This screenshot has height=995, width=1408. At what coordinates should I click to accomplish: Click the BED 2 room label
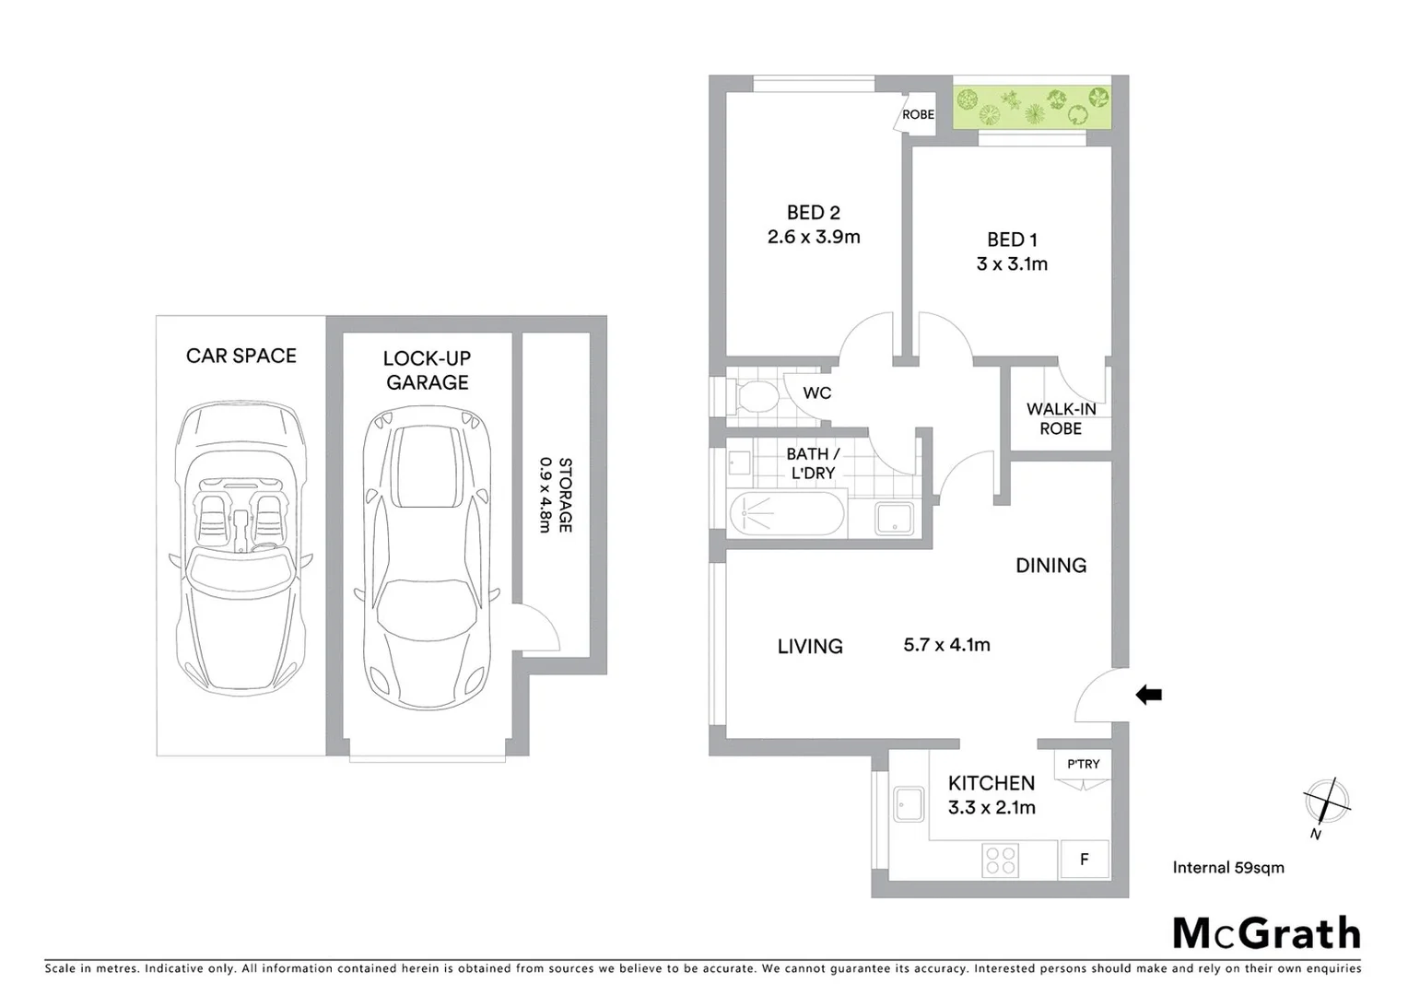click(813, 213)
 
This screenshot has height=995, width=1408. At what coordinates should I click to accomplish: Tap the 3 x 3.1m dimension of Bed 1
click(1012, 264)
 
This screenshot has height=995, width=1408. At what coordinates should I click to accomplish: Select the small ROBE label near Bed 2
click(918, 115)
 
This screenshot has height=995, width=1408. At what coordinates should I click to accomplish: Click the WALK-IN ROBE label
click(1061, 419)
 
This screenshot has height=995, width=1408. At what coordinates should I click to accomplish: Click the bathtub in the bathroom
click(787, 515)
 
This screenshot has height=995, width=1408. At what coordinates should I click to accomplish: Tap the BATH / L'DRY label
click(813, 463)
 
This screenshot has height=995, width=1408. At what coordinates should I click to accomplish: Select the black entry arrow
click(1148, 695)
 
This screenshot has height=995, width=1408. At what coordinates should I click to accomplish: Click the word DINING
click(1050, 566)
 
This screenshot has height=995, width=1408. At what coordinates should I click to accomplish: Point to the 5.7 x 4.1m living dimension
click(946, 645)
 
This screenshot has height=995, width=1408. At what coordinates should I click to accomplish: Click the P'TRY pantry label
click(1083, 764)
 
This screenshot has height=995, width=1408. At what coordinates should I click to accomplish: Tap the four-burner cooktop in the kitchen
click(1001, 860)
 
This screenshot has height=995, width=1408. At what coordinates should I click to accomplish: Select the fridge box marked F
click(1085, 860)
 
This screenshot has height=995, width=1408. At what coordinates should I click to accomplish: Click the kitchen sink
click(909, 804)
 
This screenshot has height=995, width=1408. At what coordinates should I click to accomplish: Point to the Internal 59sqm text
click(1227, 867)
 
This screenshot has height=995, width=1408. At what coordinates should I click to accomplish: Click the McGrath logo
click(1266, 933)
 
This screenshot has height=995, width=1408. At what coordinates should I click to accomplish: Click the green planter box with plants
click(1031, 108)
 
